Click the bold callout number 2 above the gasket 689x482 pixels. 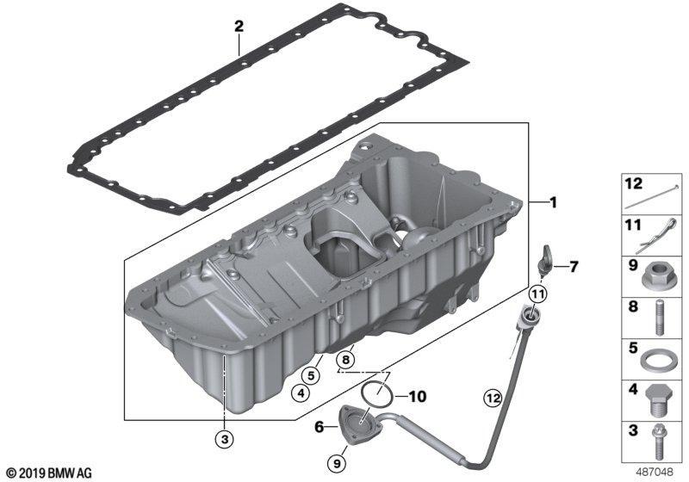tap(239, 26)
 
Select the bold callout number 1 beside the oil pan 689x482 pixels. tap(553, 202)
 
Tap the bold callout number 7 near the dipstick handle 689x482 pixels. tap(574, 267)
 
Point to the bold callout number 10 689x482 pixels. tap(418, 397)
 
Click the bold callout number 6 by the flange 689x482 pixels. tap(320, 426)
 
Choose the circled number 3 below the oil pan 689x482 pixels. tap(225, 438)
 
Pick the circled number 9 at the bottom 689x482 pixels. tap(337, 463)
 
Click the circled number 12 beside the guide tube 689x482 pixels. tap(493, 398)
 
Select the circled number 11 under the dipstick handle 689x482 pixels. tap(538, 294)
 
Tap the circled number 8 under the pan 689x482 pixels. tap(346, 360)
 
